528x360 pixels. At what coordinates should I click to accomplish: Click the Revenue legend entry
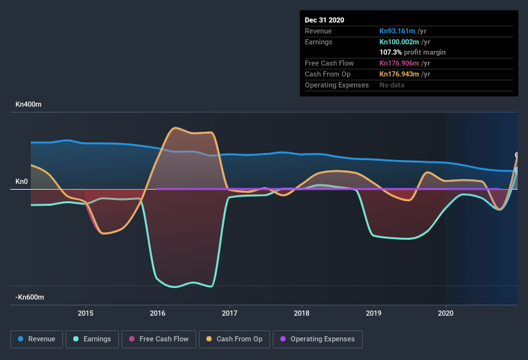37,339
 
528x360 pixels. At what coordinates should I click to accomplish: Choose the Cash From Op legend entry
235,339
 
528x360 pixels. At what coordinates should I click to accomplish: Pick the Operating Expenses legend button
318,339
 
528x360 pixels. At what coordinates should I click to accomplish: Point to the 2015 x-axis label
86,313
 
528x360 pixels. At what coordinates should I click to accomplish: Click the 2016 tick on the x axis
158,313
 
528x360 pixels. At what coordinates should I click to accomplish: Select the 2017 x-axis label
230,313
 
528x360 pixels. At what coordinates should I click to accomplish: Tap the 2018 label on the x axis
302,313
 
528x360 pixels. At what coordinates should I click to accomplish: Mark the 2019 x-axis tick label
374,313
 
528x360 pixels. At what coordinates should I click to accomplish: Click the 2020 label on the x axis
445,313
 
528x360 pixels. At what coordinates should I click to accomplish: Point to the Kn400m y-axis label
28,104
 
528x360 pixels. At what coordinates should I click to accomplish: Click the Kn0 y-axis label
22,182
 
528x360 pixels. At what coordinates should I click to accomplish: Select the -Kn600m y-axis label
30,298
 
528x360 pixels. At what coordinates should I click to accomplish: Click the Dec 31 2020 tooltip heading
324,20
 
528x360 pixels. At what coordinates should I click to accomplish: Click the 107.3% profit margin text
412,52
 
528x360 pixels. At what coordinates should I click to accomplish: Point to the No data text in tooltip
392,85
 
